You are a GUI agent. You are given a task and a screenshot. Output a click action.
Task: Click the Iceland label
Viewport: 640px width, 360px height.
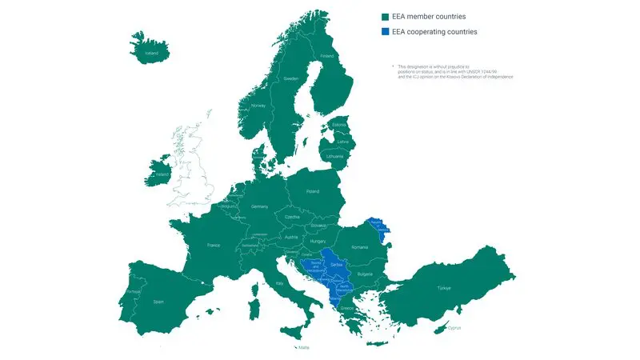pyautogui.click(x=151, y=54)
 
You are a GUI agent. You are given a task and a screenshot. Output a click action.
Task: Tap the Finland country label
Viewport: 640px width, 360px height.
pyautogui.click(x=326, y=56)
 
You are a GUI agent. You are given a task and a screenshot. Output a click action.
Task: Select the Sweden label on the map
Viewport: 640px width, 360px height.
pyautogui.click(x=290, y=79)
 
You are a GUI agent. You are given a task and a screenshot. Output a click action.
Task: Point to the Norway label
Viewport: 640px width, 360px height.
pyautogui.click(x=258, y=106)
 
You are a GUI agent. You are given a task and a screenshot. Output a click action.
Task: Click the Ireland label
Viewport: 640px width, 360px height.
pyautogui.click(x=162, y=174)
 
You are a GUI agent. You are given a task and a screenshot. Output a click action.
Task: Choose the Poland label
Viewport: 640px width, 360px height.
pyautogui.click(x=312, y=192)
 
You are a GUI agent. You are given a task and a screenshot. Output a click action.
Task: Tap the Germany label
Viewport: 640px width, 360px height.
pyautogui.click(x=259, y=206)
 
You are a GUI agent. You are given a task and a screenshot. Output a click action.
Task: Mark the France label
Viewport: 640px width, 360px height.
pyautogui.click(x=214, y=245)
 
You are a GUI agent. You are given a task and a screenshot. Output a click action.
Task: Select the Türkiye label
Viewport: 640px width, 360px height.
pyautogui.click(x=444, y=287)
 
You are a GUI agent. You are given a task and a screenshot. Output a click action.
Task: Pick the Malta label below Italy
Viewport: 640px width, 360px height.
pyautogui.click(x=303, y=347)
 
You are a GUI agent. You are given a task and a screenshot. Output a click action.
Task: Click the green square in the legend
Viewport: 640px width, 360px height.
pyautogui.click(x=385, y=16)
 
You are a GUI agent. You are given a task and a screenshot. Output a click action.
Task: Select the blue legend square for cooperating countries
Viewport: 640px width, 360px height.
pyautogui.click(x=385, y=32)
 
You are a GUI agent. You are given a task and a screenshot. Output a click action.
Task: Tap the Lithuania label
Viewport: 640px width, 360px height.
pyautogui.click(x=335, y=156)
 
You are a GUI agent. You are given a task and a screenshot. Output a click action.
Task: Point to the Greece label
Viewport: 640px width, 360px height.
pyautogui.click(x=348, y=306)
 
